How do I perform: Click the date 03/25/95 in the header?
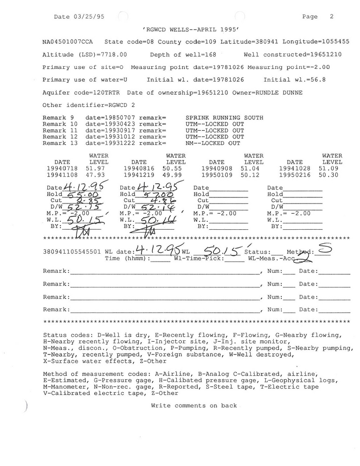pos(87,16)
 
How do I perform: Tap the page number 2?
pos(331,16)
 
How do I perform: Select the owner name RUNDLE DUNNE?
pos(279,93)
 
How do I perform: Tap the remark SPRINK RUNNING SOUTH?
pos(224,118)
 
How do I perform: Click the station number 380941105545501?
pos(71,252)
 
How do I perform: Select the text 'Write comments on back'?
pos(194,406)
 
